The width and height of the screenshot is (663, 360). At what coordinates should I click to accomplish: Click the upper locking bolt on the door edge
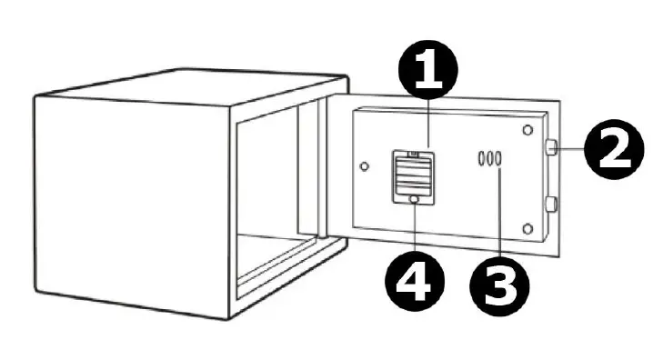click(x=551, y=147)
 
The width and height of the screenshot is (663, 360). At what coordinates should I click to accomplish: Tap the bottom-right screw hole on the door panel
click(x=528, y=225)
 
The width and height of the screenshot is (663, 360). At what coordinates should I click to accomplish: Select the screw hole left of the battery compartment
click(x=364, y=167)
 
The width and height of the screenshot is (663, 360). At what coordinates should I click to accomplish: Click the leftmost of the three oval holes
click(x=478, y=159)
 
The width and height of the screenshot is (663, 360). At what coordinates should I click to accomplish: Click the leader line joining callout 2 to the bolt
click(x=569, y=148)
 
